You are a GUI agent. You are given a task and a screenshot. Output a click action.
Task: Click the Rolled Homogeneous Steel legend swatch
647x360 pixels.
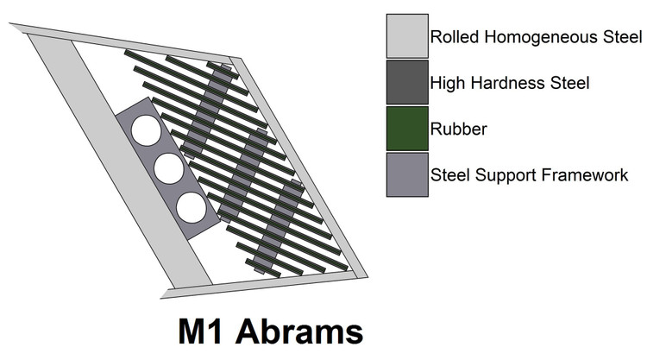pyautogui.click(x=407, y=36)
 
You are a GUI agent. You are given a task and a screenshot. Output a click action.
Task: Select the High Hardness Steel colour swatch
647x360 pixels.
pyautogui.click(x=407, y=82)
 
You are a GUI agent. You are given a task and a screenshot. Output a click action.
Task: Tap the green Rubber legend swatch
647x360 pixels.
pyautogui.click(x=407, y=129)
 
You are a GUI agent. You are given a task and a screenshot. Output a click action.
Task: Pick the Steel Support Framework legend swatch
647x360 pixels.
pyautogui.click(x=407, y=174)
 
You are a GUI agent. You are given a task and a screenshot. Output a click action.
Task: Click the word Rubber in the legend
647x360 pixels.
pyautogui.click(x=458, y=129)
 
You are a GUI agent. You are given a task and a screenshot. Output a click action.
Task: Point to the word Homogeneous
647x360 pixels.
pyautogui.click(x=541, y=37)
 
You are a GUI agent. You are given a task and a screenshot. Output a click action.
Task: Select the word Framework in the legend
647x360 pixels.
pyautogui.click(x=585, y=175)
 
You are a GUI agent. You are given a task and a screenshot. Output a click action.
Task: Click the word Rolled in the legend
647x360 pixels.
pyautogui.click(x=455, y=37)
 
